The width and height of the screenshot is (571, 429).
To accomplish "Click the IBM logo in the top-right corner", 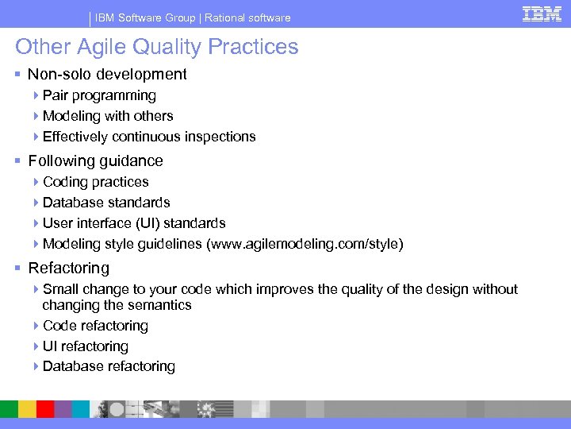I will tap(542, 14).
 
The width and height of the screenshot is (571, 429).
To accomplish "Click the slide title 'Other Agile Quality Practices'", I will tap(157, 47).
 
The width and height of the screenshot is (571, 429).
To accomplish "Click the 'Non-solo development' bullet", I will tap(107, 75).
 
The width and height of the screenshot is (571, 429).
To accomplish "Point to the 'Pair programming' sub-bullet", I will tap(99, 95).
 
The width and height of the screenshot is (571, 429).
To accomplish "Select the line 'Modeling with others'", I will tap(108, 116).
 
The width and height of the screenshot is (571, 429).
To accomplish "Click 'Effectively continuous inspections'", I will tap(149, 137).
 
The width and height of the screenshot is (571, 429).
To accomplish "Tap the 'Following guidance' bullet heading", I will tap(95, 161).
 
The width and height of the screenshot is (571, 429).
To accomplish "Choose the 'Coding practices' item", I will tap(95, 182).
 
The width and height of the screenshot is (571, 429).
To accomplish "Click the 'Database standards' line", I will tap(106, 203).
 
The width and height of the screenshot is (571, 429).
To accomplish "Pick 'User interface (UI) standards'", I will tap(134, 223).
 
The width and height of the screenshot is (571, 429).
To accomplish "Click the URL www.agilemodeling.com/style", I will tap(305, 244).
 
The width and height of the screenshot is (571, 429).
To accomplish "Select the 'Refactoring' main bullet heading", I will tap(68, 269).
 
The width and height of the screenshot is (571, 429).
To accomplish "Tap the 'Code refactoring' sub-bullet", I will tap(95, 326).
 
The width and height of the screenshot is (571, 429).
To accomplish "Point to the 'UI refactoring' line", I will tap(85, 346).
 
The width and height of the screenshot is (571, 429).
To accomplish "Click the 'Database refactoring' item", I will tap(109, 366).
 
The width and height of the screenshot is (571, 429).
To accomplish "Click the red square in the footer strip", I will tap(45, 409).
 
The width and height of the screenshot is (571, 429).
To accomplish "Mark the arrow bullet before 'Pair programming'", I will tap(37, 95).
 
